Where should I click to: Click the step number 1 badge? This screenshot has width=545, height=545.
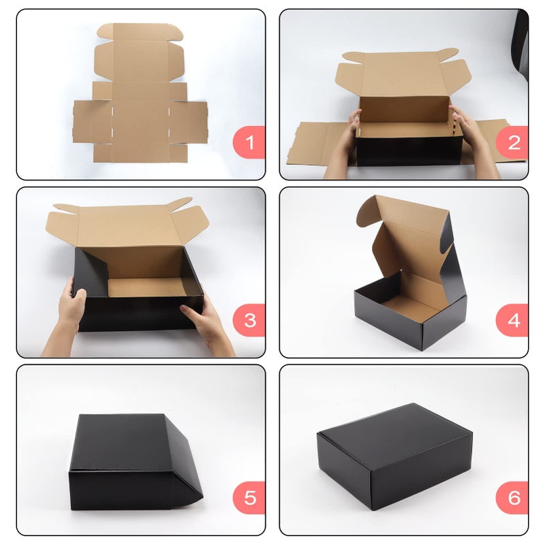click(249, 142)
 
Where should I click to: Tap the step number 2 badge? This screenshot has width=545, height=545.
click(512, 142)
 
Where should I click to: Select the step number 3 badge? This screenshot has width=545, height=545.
click(249, 320)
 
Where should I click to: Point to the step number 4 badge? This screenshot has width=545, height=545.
click(512, 320)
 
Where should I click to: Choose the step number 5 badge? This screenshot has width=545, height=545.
click(249, 498)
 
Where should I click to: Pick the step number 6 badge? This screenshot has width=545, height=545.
click(512, 498)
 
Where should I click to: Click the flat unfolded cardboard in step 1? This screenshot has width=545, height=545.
click(140, 93)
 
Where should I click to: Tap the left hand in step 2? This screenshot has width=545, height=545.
click(344, 146)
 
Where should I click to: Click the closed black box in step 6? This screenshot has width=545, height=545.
click(394, 456)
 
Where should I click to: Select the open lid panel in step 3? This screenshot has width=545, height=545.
click(127, 224)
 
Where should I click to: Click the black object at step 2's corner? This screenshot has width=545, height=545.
click(520, 45)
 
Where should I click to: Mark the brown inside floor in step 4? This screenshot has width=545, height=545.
click(410, 305)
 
